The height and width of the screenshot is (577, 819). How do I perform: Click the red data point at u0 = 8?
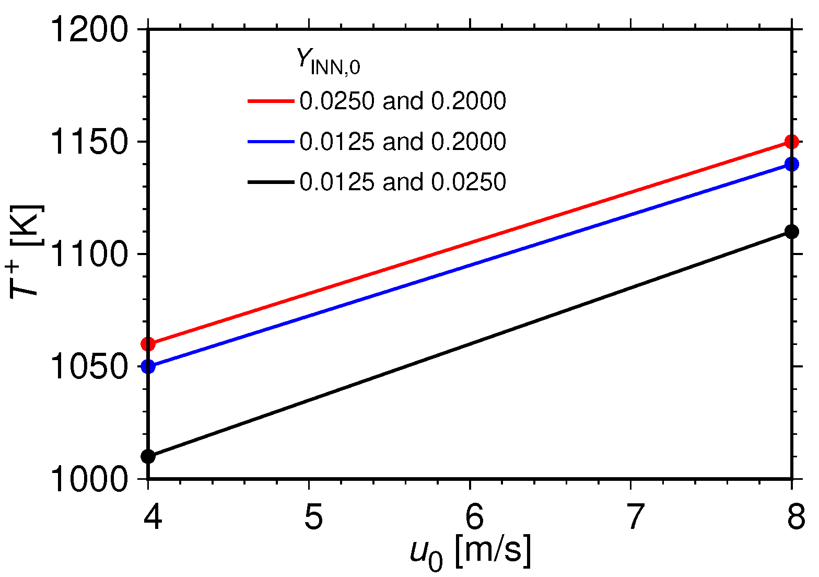tap(792, 142)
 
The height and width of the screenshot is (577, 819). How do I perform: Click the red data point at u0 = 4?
tap(148, 344)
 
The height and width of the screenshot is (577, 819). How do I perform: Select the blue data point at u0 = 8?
tap(792, 164)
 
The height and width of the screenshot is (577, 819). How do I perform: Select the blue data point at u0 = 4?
tap(148, 366)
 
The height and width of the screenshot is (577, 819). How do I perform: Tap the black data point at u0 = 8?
tap(792, 232)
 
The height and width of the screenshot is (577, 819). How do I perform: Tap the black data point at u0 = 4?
tap(148, 456)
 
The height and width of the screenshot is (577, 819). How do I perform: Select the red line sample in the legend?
tap(271, 101)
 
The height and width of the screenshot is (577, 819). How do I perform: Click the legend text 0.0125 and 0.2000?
tap(402, 142)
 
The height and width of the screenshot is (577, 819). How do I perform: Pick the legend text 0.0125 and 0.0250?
tap(402, 182)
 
